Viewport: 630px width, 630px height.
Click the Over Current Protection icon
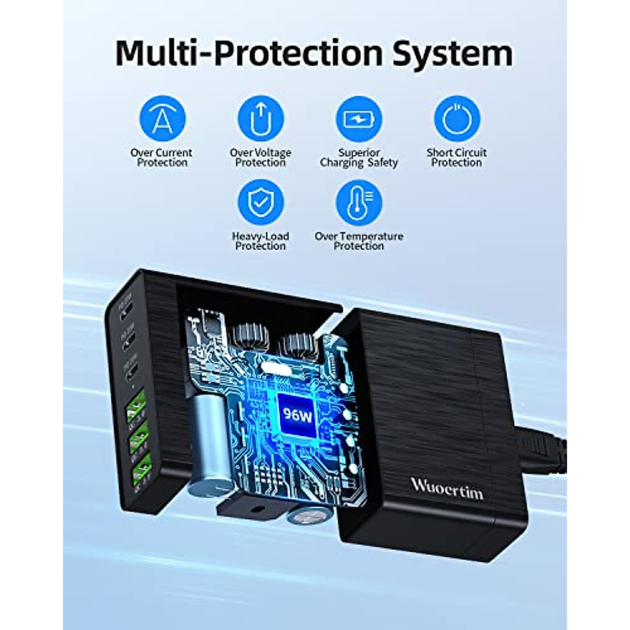tap(162, 119)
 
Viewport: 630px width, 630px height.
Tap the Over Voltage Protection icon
tap(260, 119)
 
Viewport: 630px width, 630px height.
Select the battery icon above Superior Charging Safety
tap(359, 119)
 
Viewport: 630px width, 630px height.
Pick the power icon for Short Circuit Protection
tap(457, 119)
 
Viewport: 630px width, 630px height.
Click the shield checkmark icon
tap(260, 203)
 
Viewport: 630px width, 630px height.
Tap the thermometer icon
tap(359, 203)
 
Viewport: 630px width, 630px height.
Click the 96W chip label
tap(297, 415)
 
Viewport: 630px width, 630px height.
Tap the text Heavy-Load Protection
tap(260, 241)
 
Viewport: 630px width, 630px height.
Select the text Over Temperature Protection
tap(359, 241)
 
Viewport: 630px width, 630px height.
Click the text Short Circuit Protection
tap(457, 157)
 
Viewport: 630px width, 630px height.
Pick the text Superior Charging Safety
tap(359, 157)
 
